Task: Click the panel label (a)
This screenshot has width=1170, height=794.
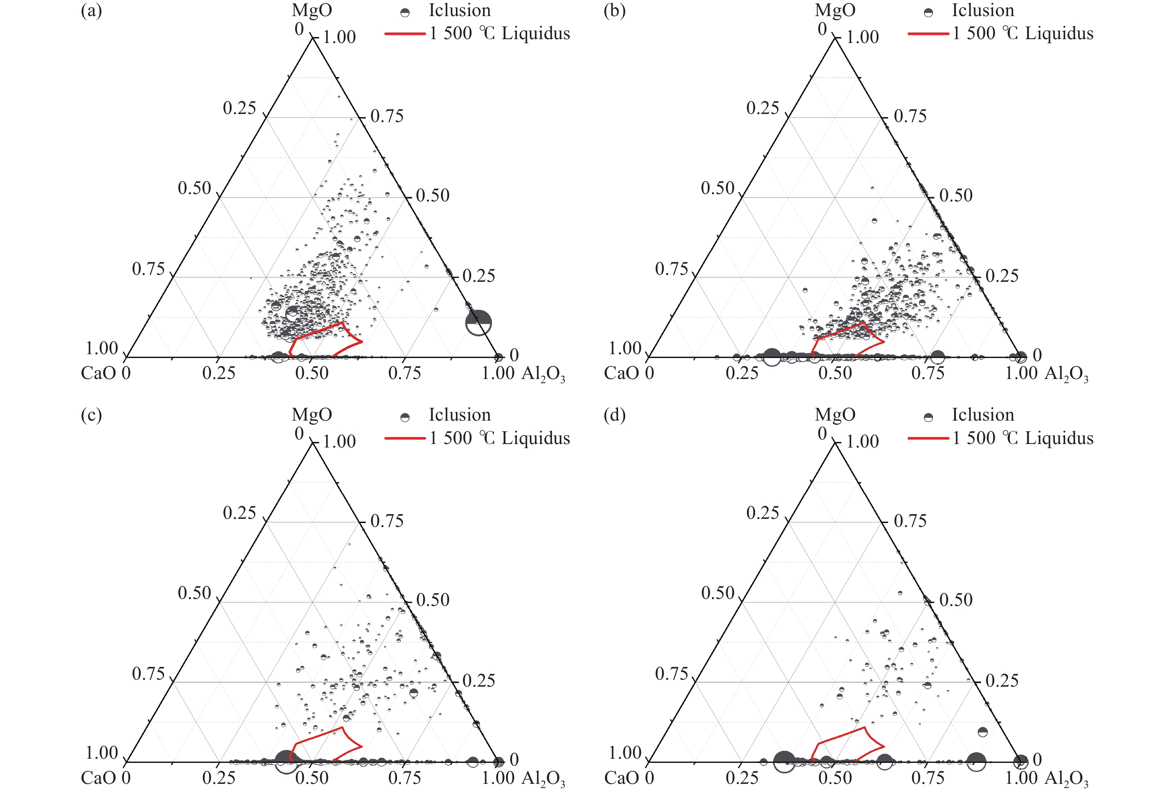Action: [x=91, y=10]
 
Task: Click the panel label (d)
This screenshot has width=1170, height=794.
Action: [x=614, y=415]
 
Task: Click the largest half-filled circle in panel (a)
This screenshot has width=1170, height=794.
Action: [x=478, y=323]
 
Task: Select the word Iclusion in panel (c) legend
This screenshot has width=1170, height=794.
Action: [x=459, y=415]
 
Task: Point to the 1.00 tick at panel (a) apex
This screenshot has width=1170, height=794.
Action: [x=339, y=37]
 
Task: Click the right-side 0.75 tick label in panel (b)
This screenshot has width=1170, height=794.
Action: [x=910, y=116]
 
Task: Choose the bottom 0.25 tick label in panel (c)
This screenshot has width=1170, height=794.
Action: [x=219, y=778]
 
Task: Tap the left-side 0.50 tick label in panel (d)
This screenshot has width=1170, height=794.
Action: [x=718, y=593]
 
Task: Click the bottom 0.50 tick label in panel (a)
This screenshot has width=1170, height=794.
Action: [x=312, y=373]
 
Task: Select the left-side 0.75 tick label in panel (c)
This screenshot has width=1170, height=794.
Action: [x=149, y=674]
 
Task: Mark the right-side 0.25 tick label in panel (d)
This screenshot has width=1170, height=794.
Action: [x=1002, y=681]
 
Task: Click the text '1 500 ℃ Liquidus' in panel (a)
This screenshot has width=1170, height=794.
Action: [x=499, y=34]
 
